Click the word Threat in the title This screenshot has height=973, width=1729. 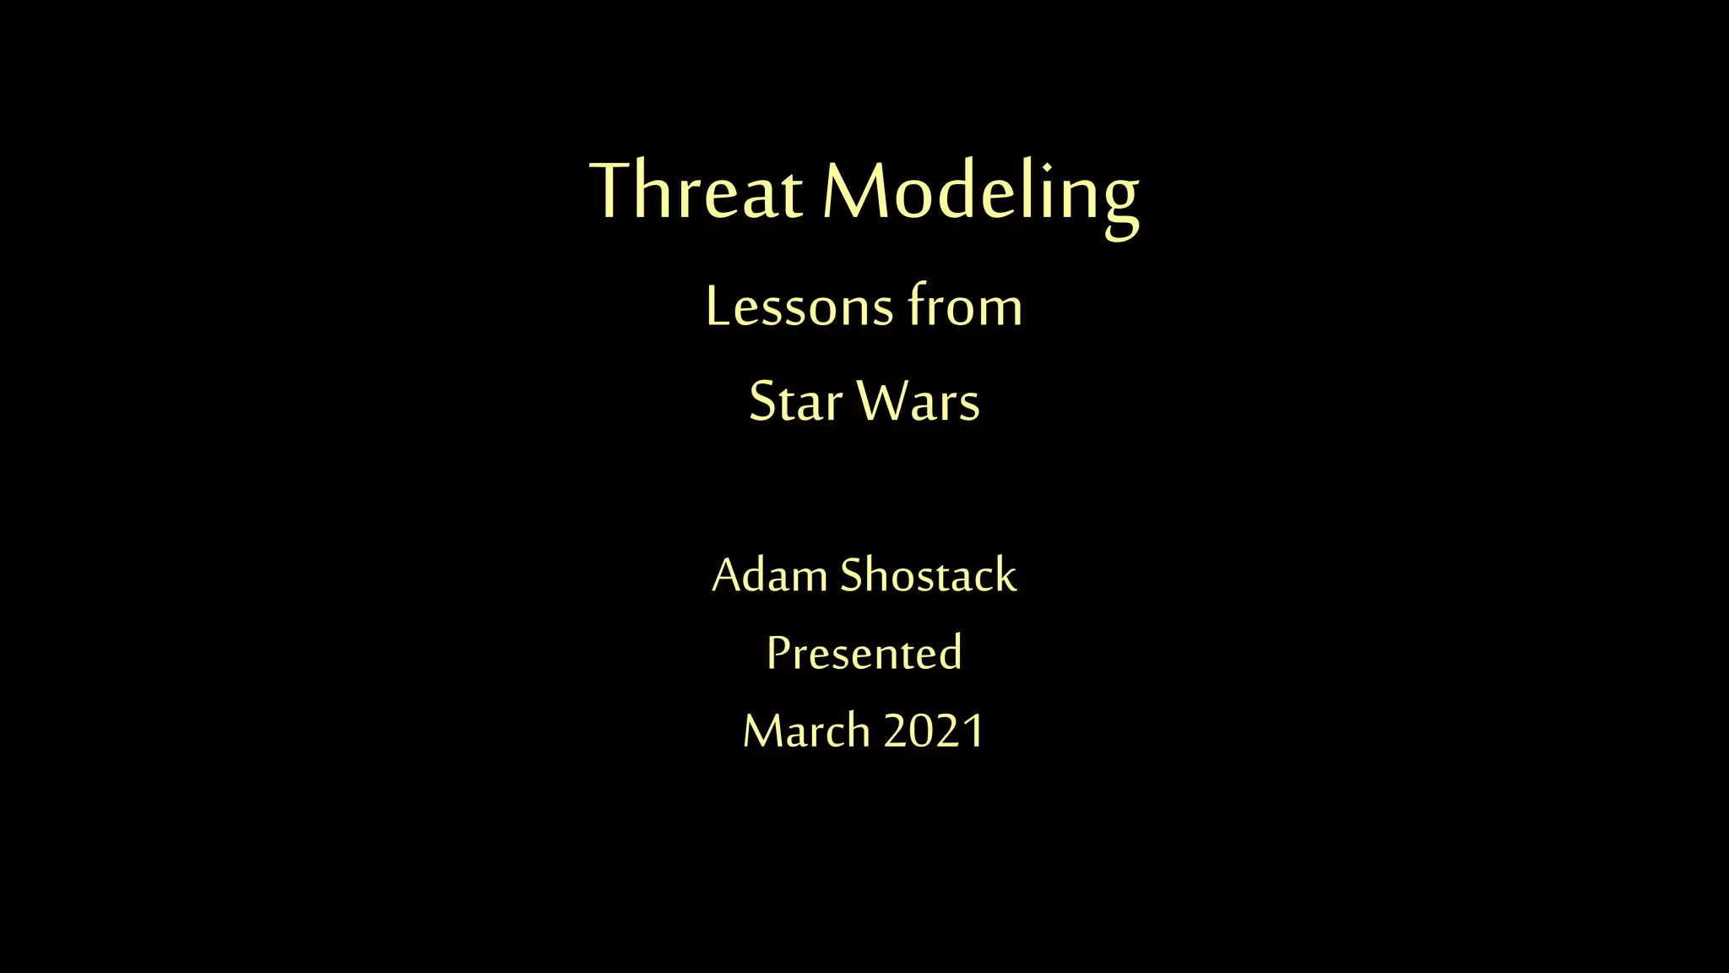[x=696, y=191]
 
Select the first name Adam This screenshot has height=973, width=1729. [x=769, y=575]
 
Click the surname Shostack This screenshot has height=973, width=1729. [x=928, y=575]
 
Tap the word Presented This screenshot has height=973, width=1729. [x=864, y=653]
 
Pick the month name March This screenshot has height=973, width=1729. [x=806, y=731]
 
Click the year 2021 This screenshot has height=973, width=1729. [x=934, y=731]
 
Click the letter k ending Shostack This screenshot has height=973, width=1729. [x=1005, y=575]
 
